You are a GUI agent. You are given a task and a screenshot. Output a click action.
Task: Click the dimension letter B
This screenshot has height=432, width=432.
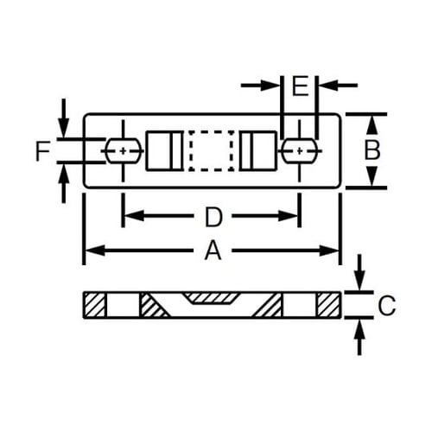(372, 149)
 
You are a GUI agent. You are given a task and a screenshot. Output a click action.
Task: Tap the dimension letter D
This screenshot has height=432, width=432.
(213, 215)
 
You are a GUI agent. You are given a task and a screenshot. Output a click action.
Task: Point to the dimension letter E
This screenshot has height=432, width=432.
(300, 86)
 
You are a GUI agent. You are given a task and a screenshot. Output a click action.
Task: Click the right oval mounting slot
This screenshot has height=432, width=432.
(298, 150)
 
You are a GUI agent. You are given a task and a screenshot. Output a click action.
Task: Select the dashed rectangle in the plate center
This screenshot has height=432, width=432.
(212, 150)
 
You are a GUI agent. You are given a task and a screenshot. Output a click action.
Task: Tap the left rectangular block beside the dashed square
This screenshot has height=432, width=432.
(162, 150)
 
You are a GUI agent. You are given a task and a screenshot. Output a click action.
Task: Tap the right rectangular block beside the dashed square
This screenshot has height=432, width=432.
(259, 150)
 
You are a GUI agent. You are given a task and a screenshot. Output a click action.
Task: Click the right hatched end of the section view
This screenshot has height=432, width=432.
(329, 304)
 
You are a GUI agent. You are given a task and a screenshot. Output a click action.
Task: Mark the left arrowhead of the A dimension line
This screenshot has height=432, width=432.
(90, 251)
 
